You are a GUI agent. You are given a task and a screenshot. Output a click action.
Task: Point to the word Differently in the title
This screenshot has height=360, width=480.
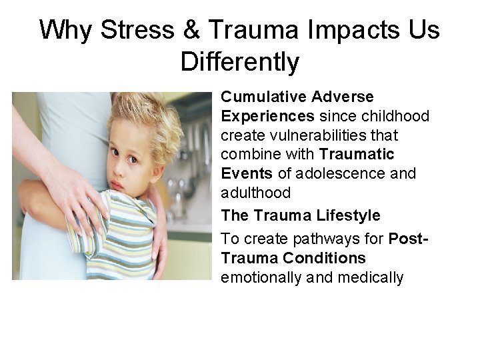pos(240,62)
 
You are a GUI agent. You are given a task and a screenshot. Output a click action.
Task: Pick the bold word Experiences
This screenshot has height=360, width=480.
pos(267,117)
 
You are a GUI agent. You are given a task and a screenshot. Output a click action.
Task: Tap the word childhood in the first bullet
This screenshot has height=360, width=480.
pos(399,117)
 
